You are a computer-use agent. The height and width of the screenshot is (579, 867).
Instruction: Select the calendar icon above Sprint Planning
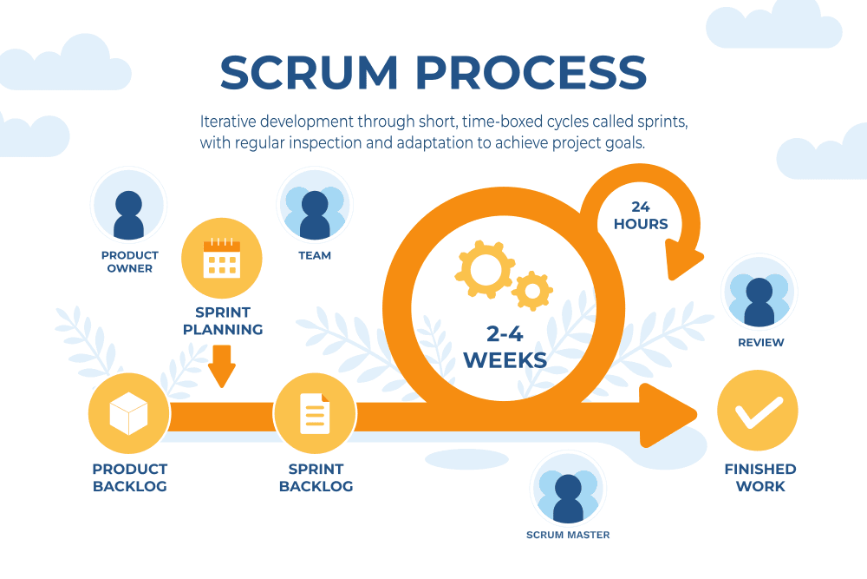point(221,259)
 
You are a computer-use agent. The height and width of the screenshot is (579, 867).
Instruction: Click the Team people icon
point(314,206)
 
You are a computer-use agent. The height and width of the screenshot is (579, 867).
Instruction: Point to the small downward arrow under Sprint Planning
point(222,365)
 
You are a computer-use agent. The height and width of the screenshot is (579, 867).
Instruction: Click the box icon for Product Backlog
point(128,413)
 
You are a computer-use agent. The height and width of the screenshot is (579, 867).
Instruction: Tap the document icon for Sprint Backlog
point(315,413)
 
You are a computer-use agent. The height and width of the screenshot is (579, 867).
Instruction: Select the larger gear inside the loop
point(483,265)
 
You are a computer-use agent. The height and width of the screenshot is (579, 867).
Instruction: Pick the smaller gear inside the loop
point(531,290)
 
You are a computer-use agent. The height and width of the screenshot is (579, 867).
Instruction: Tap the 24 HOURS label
point(641,215)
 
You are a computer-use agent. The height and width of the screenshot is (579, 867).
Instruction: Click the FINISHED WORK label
point(760,477)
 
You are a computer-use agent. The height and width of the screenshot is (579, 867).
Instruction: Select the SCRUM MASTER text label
point(568,535)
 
